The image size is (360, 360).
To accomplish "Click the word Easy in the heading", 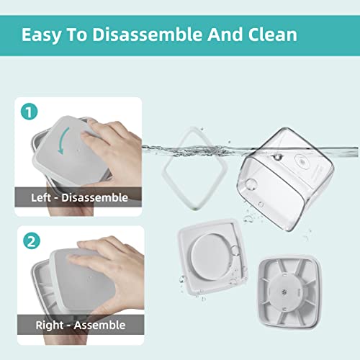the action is [x=41, y=35].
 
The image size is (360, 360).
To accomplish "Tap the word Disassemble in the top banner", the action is [x=148, y=35].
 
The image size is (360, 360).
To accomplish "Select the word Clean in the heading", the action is [x=273, y=35].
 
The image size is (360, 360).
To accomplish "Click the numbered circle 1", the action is [x=29, y=112].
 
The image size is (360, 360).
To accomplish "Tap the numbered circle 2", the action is [x=32, y=240].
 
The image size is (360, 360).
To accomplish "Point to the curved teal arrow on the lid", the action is [x=63, y=140].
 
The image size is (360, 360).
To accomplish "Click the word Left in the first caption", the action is [x=41, y=198].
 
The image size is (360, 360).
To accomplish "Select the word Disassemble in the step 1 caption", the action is [x=94, y=198].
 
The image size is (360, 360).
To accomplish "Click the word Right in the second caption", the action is [x=50, y=325].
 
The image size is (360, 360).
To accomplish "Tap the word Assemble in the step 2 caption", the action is [x=99, y=325].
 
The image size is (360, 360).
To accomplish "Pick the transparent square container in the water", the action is [x=285, y=179].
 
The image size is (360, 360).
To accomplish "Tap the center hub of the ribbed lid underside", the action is [x=284, y=292].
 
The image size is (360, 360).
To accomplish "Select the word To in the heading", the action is [x=76, y=35].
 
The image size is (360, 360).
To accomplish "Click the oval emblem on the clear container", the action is [x=303, y=161].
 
